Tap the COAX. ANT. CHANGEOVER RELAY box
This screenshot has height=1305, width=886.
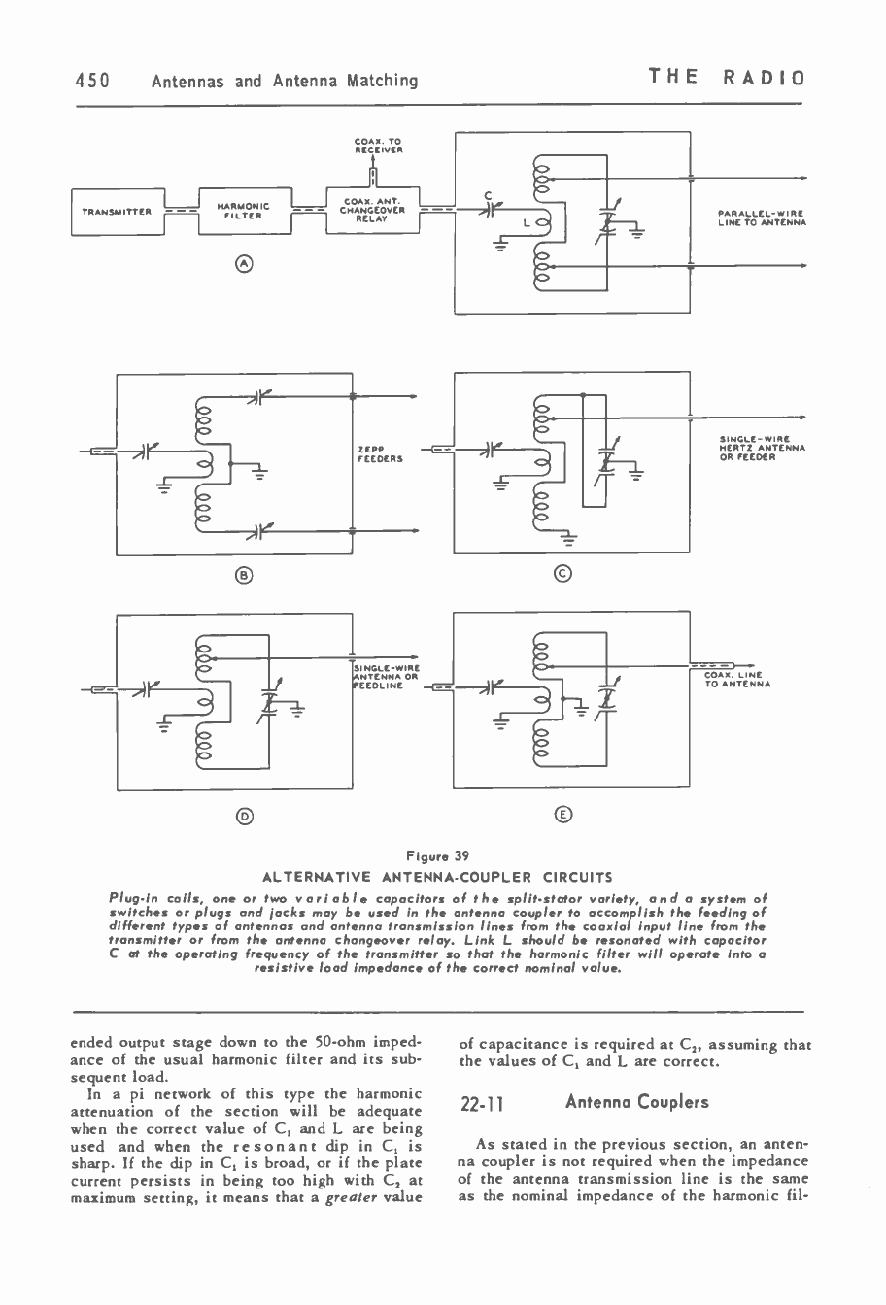point(374,210)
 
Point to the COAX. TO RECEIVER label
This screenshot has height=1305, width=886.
point(373,147)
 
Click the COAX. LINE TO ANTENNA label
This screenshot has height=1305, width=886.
point(737,679)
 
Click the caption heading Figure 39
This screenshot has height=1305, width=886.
point(442,855)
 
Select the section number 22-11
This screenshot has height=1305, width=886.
point(483,1104)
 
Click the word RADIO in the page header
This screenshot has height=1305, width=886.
point(769,79)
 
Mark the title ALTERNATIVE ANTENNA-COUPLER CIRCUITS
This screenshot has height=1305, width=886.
point(442,872)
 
